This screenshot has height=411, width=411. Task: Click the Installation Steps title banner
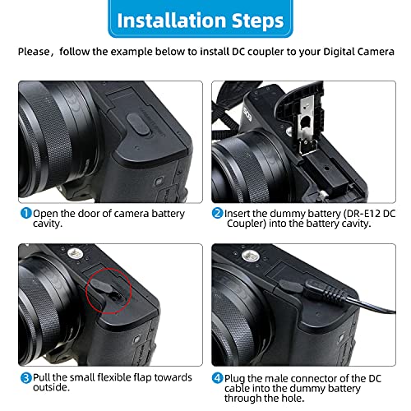(x=201, y=19)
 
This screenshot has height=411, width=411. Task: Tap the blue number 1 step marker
(x=26, y=213)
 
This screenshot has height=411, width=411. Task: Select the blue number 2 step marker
(x=218, y=213)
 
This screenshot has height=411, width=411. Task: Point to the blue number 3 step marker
(x=26, y=378)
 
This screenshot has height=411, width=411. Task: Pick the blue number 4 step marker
(x=218, y=378)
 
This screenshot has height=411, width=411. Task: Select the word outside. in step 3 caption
(x=51, y=387)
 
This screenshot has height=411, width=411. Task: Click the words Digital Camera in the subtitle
(x=359, y=52)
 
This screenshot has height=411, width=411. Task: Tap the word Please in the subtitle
(x=34, y=52)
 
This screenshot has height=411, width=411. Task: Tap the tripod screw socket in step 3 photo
(x=75, y=254)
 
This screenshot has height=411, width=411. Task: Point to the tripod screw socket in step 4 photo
(x=250, y=256)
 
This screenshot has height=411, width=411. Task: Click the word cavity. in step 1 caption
(x=48, y=224)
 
